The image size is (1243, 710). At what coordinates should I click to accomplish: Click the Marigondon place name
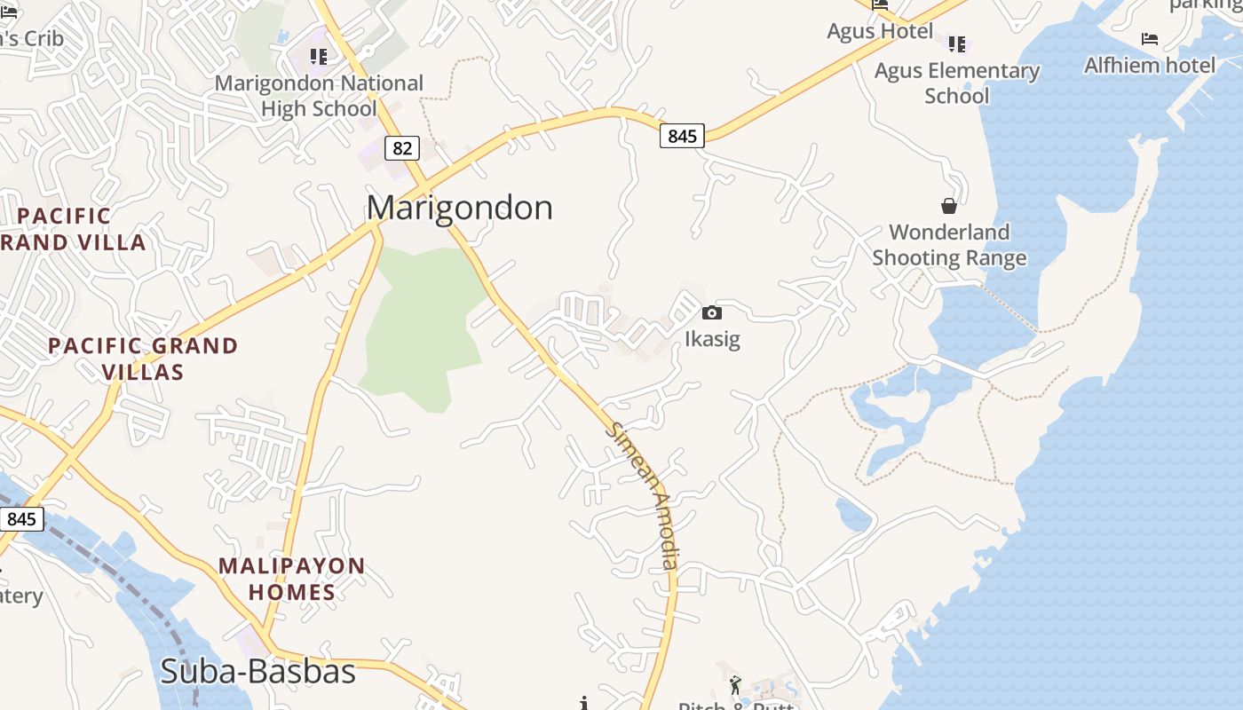point(459,208)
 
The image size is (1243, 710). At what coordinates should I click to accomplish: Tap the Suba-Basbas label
point(257,671)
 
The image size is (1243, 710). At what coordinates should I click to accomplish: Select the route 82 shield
point(402,147)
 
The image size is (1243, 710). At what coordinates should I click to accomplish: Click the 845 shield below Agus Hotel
point(682,136)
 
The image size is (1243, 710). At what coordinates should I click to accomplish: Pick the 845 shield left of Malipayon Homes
point(20,518)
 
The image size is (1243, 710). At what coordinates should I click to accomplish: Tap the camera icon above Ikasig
point(711,312)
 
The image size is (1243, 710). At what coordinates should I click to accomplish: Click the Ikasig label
point(712,339)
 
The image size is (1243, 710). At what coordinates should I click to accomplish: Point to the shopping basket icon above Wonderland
point(949,206)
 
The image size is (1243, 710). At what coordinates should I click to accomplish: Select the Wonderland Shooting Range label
point(949,245)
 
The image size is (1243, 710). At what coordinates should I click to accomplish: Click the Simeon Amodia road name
point(644,495)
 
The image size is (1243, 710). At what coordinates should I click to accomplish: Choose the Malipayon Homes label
point(291,579)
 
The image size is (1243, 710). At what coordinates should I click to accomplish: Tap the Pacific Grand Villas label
point(143,359)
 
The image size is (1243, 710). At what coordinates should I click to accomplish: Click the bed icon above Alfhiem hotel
point(1150,39)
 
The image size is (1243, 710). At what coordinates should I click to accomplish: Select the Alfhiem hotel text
point(1150,65)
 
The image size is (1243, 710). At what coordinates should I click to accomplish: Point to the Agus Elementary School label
point(957,83)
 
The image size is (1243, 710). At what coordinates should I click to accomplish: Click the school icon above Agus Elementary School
point(957,43)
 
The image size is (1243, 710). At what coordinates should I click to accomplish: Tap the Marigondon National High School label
point(320,96)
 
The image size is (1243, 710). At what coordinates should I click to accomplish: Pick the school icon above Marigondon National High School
point(319,57)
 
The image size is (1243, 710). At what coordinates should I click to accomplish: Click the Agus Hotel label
point(880,31)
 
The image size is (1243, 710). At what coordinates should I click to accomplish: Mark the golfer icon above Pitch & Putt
point(735,685)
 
